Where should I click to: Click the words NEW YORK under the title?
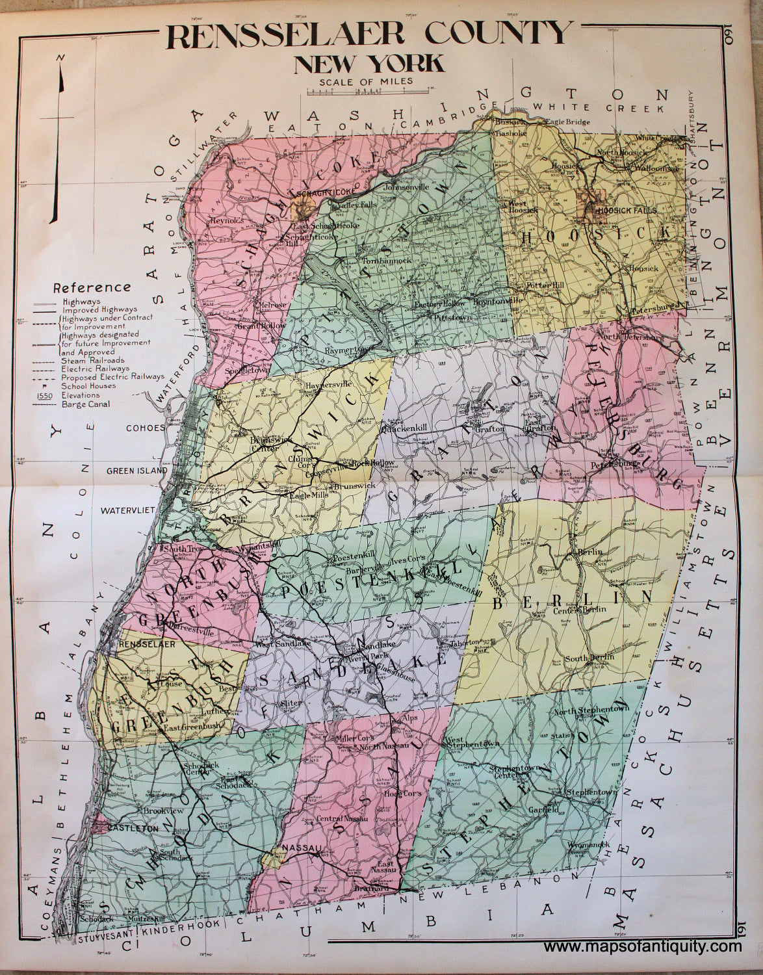(369, 64)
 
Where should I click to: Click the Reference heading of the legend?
(93, 287)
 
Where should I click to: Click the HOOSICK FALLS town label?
(625, 211)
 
